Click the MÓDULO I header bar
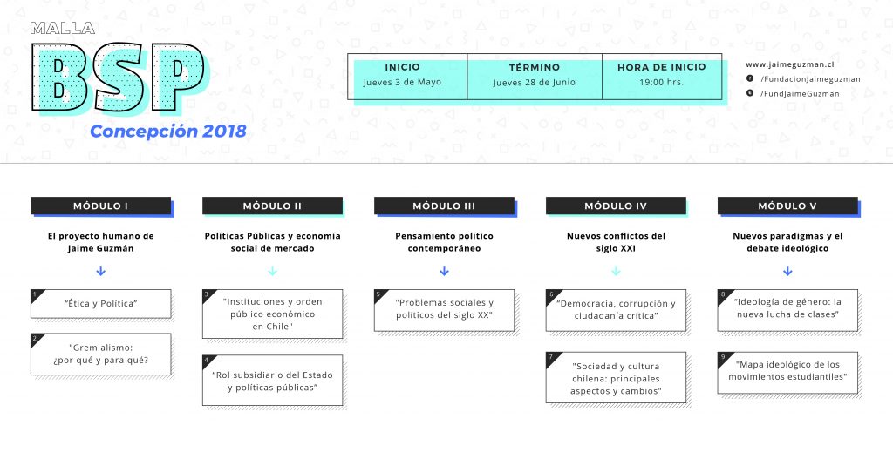coord(101,206)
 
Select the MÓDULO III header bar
coord(444,206)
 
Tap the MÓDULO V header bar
coord(787,206)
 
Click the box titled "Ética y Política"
coord(101,304)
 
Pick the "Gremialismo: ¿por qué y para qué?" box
coord(101,354)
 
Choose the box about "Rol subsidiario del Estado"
coord(273,381)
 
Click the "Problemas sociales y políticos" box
coord(444,310)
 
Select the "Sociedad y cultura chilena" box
coord(616,378)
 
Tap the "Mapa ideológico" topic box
coord(787,372)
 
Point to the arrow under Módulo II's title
coord(273,271)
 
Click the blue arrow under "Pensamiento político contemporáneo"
coord(444,271)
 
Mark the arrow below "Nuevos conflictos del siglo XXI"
coord(616,271)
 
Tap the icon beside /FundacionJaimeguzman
coord(750,78)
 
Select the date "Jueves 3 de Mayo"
coord(402,82)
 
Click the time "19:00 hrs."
coord(661,82)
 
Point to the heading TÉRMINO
coord(535,67)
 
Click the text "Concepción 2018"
coord(168,132)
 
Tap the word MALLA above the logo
coord(63,28)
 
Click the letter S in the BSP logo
coord(118,77)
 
